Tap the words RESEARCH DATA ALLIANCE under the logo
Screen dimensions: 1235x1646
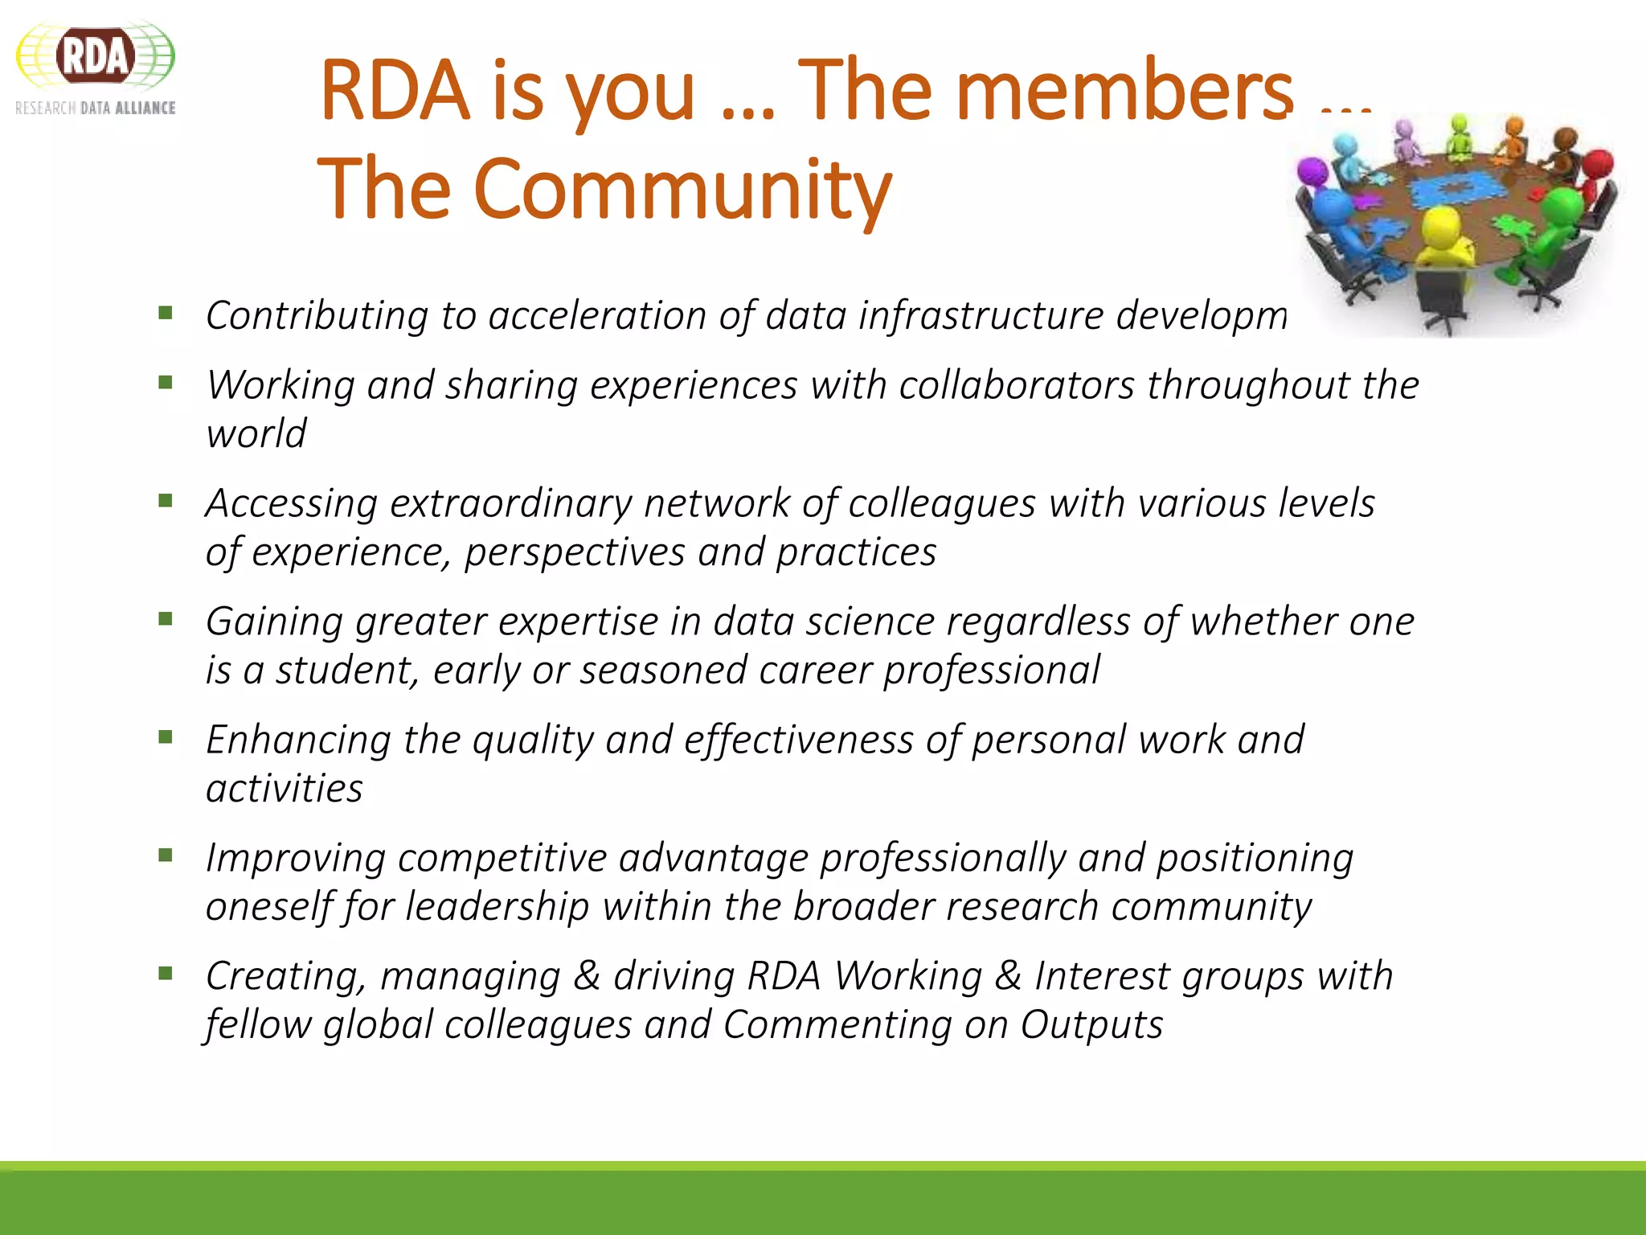coord(95,108)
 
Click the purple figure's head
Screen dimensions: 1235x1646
coord(1312,171)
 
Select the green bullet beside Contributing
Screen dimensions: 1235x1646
coord(166,313)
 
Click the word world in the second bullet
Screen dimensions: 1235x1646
coord(256,434)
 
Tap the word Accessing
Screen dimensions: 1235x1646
coord(291,503)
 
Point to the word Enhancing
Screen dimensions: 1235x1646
coord(298,740)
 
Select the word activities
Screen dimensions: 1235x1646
coord(284,789)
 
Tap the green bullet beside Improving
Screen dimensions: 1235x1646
coord(166,855)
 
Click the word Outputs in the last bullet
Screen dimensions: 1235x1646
coord(1091,1025)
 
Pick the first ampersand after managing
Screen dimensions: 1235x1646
coord(587,976)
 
